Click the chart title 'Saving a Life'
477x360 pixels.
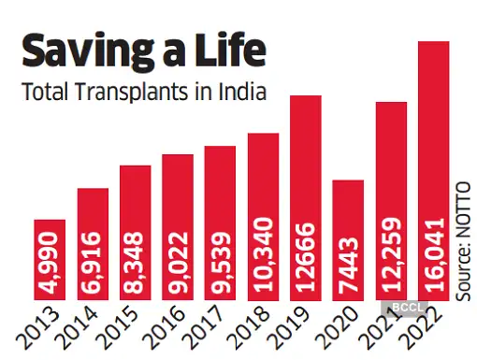pyautogui.click(x=142, y=49)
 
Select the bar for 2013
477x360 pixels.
pyautogui.click(x=50, y=261)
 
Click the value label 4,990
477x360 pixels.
pyautogui.click(x=51, y=266)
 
